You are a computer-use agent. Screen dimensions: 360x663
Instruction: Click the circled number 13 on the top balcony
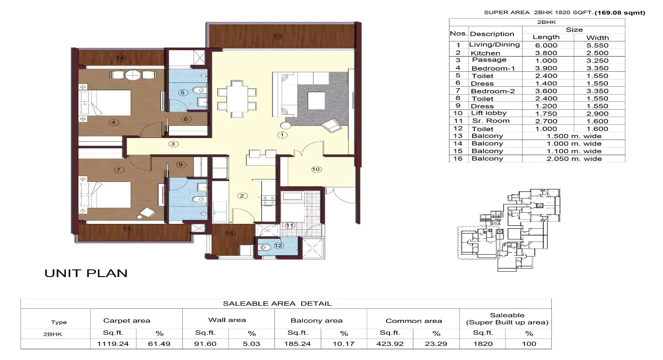coord(278,37)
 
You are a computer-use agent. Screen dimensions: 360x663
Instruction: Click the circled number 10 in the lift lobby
coord(316,169)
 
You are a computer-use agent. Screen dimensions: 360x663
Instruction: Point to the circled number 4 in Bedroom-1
coord(114,122)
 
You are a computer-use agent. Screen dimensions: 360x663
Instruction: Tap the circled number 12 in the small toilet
coord(278,246)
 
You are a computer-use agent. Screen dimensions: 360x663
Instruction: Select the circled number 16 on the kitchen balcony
coord(230,234)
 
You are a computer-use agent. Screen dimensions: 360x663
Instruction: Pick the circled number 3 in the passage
coord(173,144)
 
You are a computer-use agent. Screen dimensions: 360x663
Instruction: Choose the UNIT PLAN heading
coord(86,273)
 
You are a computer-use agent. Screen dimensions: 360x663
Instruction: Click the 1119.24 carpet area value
coord(113,343)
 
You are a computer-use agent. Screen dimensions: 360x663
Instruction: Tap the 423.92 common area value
coord(390,343)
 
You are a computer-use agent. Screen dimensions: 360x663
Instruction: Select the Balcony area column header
coord(316,320)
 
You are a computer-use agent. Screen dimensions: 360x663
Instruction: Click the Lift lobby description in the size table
coord(489,113)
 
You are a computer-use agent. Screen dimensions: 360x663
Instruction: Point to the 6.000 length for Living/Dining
coord(546,45)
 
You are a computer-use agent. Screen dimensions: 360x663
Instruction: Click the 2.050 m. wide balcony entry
coord(573,159)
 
